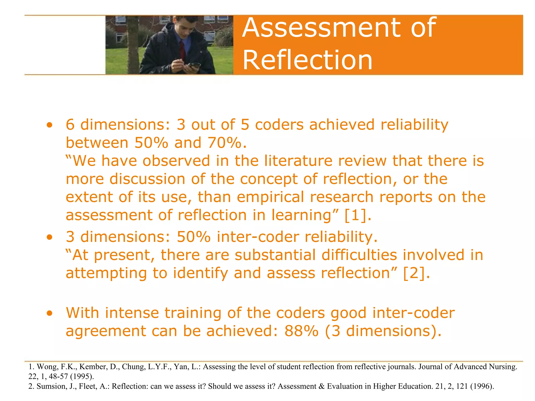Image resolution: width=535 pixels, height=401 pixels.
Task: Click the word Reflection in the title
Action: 307,60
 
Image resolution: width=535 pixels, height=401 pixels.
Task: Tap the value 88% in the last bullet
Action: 301,331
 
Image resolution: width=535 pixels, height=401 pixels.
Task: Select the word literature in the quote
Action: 298,161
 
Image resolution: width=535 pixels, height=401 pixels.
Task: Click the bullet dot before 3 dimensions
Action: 49,237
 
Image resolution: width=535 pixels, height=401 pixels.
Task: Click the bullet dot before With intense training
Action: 49,313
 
